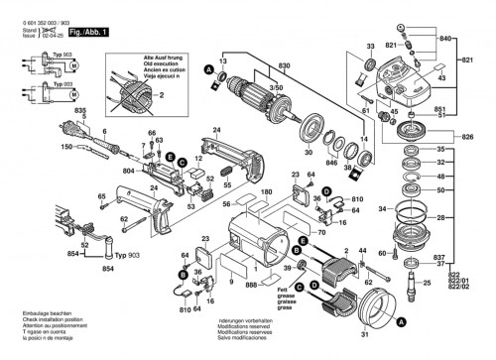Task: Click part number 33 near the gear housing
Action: click(x=370, y=46)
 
